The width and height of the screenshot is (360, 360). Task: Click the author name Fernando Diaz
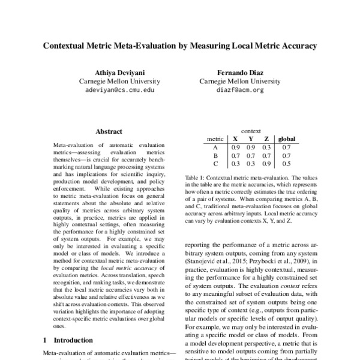pyautogui.click(x=232, y=71)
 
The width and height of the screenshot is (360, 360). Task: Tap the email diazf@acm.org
pyautogui.click(x=232, y=90)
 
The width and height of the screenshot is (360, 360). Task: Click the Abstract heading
pyautogui.click(x=109, y=131)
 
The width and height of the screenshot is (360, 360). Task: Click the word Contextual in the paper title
pyautogui.click(x=69, y=45)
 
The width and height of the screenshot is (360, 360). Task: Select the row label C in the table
pyautogui.click(x=215, y=163)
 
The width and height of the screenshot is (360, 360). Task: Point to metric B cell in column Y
pyautogui.click(x=251, y=154)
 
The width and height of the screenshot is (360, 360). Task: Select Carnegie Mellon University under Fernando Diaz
pyautogui.click(x=232, y=81)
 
